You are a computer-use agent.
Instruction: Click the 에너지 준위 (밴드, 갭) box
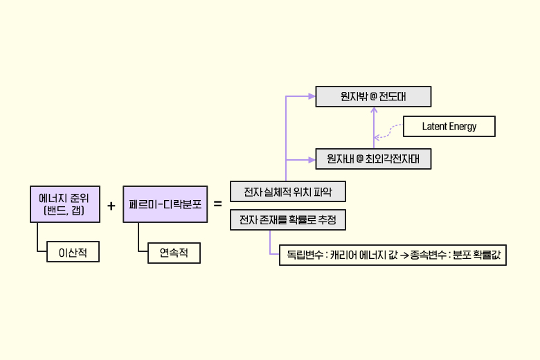[64, 204]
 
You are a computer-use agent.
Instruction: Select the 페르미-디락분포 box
[165, 204]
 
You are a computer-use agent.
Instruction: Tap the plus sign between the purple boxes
[111, 205]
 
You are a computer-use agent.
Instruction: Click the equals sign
[218, 204]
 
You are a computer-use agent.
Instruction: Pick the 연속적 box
[174, 253]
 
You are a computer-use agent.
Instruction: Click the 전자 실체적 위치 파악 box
[287, 192]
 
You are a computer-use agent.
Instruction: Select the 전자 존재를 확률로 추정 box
[287, 221]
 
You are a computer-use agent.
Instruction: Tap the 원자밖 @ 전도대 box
[373, 97]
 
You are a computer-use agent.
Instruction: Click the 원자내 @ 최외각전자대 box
[373, 159]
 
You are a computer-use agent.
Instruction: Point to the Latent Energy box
[449, 127]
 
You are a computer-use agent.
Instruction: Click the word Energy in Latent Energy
[462, 127]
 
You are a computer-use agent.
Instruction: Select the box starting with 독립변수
[392, 255]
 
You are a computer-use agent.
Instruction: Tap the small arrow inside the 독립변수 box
[404, 256]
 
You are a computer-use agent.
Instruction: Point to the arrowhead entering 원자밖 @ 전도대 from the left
[312, 97]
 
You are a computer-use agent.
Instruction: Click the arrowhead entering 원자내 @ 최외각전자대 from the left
[312, 159]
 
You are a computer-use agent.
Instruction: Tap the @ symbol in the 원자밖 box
[374, 97]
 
